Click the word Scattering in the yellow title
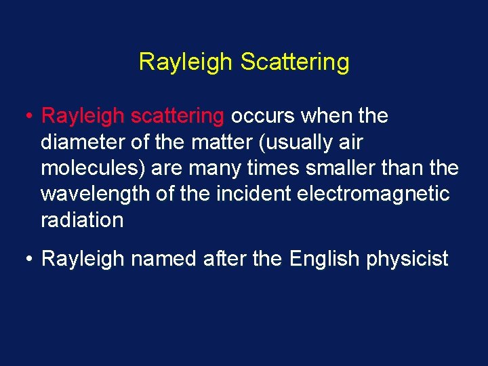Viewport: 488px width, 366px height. pos(295,62)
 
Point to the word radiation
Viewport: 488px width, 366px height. pos(82,220)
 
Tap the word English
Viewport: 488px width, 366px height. pos(322,259)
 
